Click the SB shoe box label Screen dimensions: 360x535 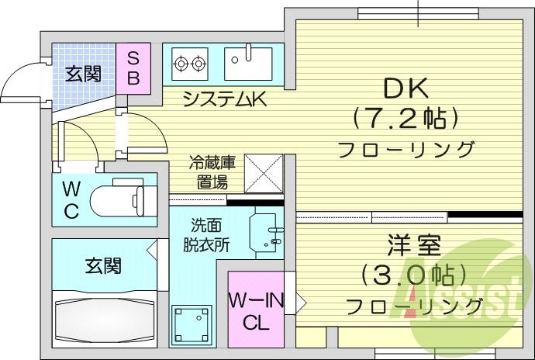point(133,68)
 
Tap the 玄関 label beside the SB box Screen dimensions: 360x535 point(82,74)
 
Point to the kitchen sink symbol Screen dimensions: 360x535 point(248,62)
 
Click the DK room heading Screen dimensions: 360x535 point(403,88)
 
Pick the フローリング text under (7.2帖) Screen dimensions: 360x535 point(406,147)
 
